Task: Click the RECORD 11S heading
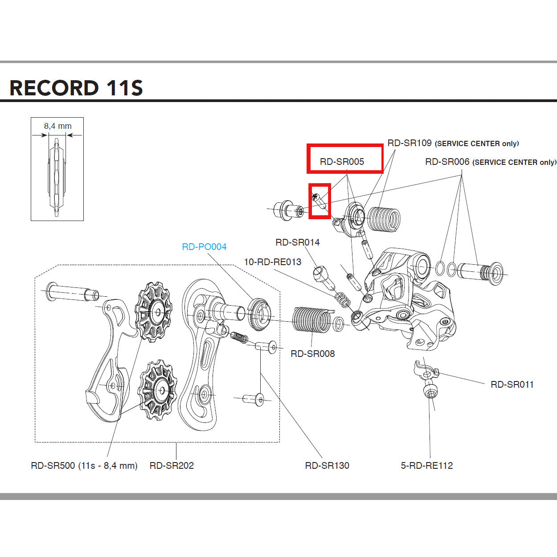click(76, 88)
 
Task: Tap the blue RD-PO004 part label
click(204, 247)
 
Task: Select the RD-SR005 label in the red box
click(342, 162)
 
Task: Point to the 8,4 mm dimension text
click(57, 126)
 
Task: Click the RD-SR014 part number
click(297, 242)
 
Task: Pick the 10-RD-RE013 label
click(272, 262)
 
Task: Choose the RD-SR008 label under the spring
click(312, 354)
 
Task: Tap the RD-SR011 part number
click(512, 385)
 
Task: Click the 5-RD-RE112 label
click(426, 466)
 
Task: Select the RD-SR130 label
click(327, 466)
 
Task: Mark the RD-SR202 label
click(172, 466)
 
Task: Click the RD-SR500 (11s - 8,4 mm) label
click(84, 466)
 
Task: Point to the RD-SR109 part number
click(409, 143)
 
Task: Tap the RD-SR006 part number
click(447, 162)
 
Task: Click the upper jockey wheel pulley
click(154, 312)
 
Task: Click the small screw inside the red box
click(319, 201)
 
